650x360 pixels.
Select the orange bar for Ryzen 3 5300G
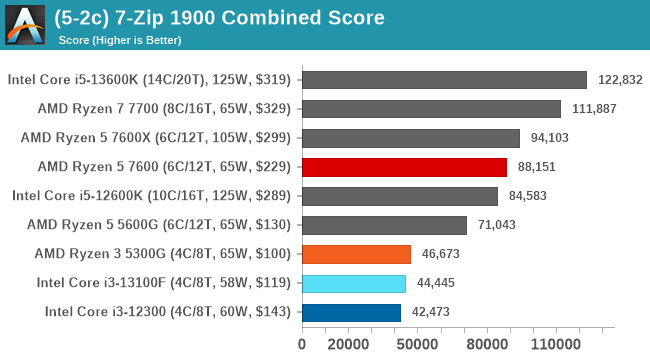point(355,254)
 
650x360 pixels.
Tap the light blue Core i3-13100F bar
point(353,283)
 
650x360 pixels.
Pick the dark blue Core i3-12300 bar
point(350,312)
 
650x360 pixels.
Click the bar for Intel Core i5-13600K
point(443,80)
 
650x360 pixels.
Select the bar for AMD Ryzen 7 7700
point(430,109)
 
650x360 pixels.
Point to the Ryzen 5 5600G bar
point(383,225)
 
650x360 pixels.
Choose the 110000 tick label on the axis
point(555,345)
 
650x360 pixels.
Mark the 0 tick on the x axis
point(302,345)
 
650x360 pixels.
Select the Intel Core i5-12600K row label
point(151,196)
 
